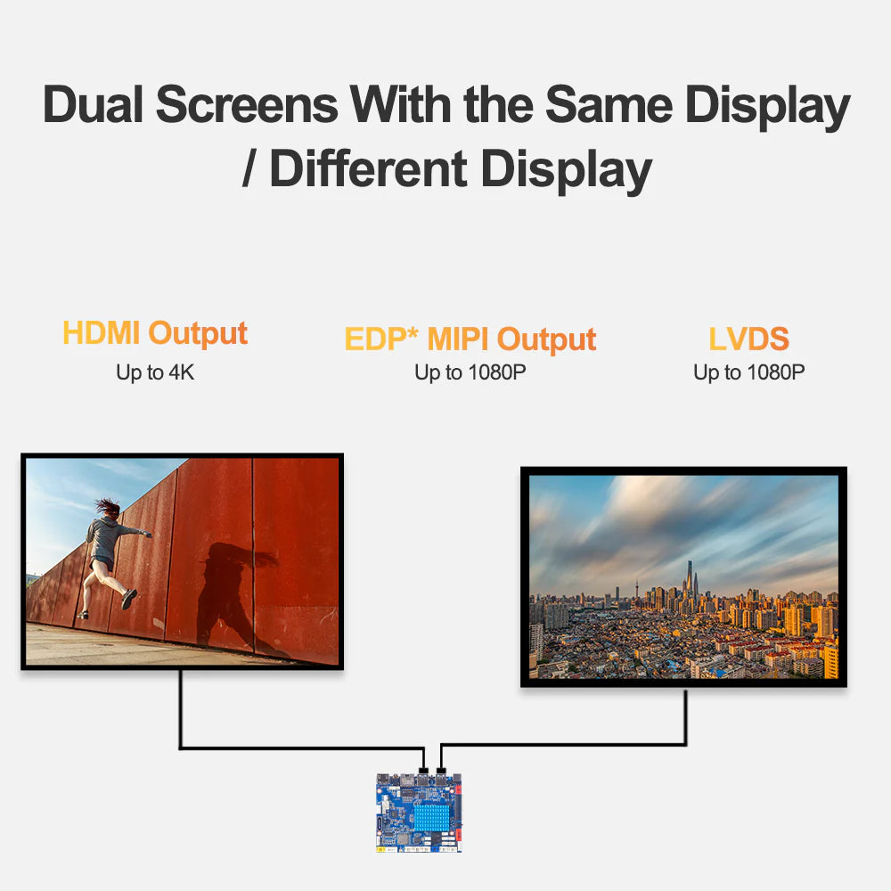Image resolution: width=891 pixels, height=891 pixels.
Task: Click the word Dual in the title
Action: tap(94, 105)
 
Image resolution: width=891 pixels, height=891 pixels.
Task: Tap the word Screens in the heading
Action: tap(247, 105)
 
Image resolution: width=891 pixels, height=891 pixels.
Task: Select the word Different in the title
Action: tap(368, 169)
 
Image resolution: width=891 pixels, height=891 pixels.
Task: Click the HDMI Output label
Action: tap(155, 333)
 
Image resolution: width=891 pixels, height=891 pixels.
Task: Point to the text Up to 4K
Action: tap(155, 372)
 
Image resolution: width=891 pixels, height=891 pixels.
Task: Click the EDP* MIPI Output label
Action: tap(470, 339)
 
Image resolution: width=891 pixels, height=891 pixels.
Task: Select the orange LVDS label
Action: tap(749, 339)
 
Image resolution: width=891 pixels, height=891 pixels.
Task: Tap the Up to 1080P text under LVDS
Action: tap(749, 372)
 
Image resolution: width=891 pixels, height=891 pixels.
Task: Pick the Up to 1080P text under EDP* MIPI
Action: tap(470, 372)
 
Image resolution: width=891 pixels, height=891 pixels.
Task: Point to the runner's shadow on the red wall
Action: tap(227, 588)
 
